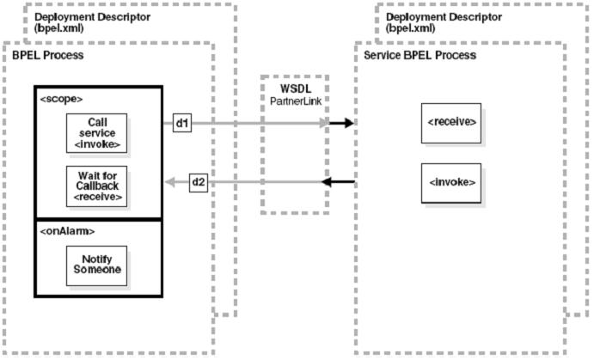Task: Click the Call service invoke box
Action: pyautogui.click(x=95, y=131)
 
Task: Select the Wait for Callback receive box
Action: pyautogui.click(x=95, y=185)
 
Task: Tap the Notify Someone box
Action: pyautogui.click(x=95, y=265)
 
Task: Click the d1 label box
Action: pyautogui.click(x=181, y=124)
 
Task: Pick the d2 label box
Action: pyautogui.click(x=197, y=182)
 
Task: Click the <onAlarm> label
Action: pyautogui.click(x=67, y=231)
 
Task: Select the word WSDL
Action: pyautogui.click(x=295, y=89)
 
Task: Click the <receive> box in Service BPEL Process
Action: pyautogui.click(x=451, y=123)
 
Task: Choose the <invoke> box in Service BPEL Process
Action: pyautogui.click(x=451, y=183)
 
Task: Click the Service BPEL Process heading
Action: pyautogui.click(x=420, y=55)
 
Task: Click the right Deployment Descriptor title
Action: pyautogui.click(x=438, y=16)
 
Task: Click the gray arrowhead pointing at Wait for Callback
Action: pyautogui.click(x=171, y=182)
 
